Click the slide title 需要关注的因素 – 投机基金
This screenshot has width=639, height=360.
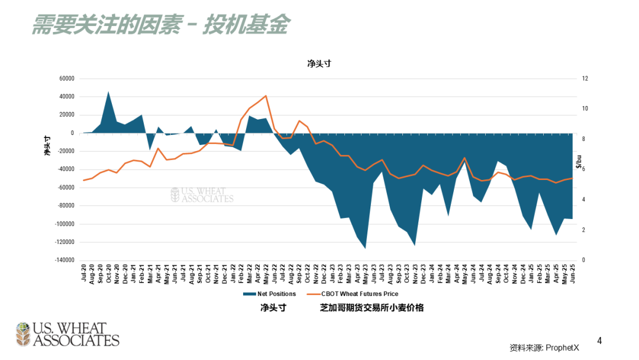[x=160, y=25]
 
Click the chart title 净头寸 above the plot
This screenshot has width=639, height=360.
[x=318, y=64]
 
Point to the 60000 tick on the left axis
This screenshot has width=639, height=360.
[x=66, y=79]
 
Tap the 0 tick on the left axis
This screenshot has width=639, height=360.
[x=72, y=133]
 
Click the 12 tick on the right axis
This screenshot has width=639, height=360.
[x=585, y=79]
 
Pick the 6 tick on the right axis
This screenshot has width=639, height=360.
[x=583, y=169]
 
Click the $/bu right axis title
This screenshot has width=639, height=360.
[x=579, y=160]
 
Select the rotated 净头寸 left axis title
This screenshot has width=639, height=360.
[x=48, y=146]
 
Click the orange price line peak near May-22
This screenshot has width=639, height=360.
[x=266, y=96]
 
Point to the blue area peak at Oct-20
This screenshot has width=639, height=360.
[x=108, y=92]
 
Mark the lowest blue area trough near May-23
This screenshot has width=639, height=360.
[x=365, y=247]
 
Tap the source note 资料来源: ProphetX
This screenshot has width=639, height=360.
[x=544, y=348]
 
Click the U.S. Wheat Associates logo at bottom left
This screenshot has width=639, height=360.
[x=67, y=335]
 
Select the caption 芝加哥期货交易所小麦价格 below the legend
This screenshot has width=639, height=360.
[x=372, y=308]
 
